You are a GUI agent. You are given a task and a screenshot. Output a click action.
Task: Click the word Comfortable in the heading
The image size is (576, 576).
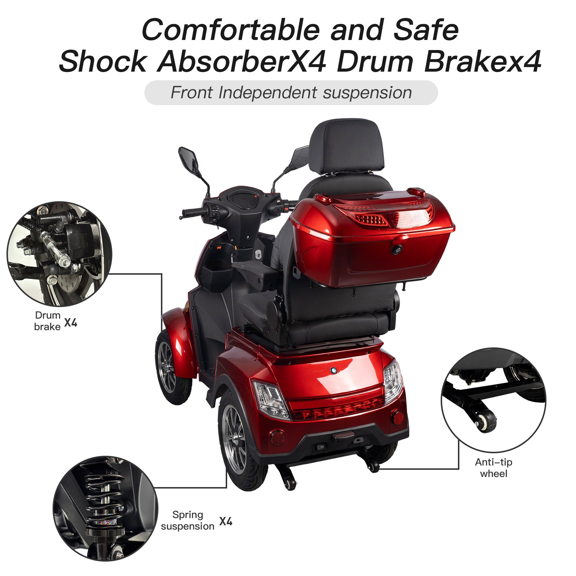pyautogui.click(x=231, y=30)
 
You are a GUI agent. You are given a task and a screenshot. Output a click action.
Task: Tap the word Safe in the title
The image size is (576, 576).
pyautogui.click(x=426, y=30)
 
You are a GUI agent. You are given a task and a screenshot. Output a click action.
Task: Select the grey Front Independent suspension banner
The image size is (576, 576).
pyautogui.click(x=291, y=93)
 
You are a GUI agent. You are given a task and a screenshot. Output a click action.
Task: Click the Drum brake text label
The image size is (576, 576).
pyautogui.click(x=48, y=321)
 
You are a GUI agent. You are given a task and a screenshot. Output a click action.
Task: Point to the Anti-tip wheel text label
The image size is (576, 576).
pyautogui.click(x=493, y=468)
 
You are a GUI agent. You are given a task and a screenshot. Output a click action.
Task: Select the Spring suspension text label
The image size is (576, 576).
pyautogui.click(x=187, y=520)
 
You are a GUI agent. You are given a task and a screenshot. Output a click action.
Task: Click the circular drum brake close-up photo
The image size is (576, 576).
pyautogui.click(x=59, y=254)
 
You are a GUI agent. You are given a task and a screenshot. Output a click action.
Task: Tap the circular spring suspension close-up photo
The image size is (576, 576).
pyautogui.click(x=105, y=508)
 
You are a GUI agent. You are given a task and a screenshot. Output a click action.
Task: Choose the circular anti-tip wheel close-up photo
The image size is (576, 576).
pyautogui.click(x=494, y=400)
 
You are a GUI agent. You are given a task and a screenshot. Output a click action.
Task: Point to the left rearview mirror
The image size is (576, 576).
pyautogui.click(x=189, y=161)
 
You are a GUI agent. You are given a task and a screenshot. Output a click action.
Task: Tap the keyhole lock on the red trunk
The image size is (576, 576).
pyautogui.click(x=397, y=249)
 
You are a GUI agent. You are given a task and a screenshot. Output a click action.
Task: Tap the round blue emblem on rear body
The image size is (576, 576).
pyautogui.click(x=333, y=370)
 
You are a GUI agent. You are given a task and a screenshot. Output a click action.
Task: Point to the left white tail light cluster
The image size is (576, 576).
pyautogui.click(x=271, y=400)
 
